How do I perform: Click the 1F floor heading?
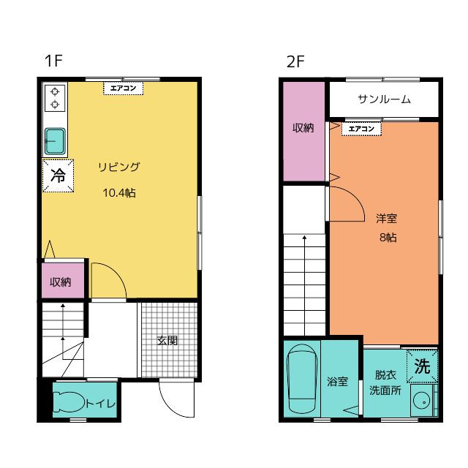click(x=53, y=61)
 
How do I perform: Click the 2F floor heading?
click(x=295, y=61)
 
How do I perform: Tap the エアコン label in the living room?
click(x=122, y=88)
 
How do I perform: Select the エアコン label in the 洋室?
click(x=361, y=129)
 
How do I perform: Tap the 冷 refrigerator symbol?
click(x=58, y=175)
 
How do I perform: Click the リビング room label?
click(x=119, y=167)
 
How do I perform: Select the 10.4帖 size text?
click(x=119, y=193)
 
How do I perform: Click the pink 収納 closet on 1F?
click(x=61, y=282)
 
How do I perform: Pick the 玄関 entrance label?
click(x=167, y=340)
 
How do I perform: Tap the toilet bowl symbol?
click(x=69, y=401)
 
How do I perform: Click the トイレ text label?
click(x=100, y=402)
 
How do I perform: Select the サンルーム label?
click(x=384, y=99)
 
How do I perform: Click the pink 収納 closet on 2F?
click(x=303, y=128)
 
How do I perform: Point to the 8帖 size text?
click(x=388, y=237)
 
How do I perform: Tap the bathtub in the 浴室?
click(x=302, y=380)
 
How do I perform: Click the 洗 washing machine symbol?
click(x=422, y=366)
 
